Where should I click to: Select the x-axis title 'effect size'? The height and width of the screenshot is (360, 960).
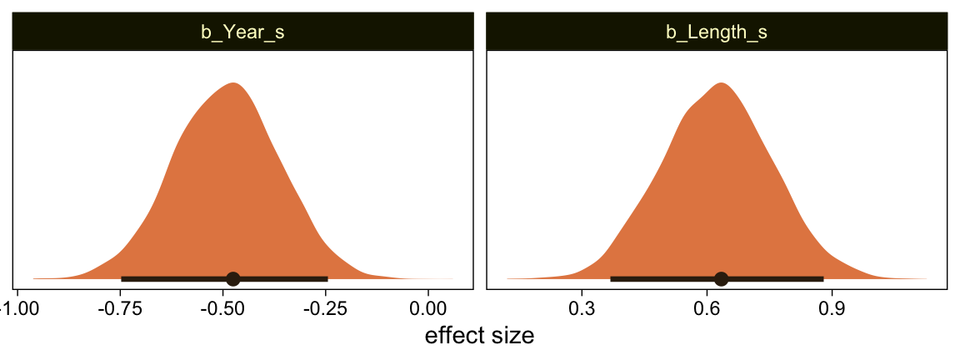coord(479,336)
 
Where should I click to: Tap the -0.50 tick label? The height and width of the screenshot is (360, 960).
coord(224,308)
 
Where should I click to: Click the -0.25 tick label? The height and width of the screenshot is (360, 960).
coord(326,308)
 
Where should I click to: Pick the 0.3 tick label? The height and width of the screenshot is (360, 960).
coord(582,308)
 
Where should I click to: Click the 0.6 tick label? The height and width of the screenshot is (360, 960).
coord(707,308)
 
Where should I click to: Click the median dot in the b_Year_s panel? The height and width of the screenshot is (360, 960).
coord(233,278)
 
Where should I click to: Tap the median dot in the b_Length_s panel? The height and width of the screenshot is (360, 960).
coord(722,278)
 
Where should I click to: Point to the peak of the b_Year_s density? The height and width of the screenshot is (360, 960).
coord(233,83)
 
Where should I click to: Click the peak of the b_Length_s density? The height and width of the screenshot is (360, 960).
coord(721,83)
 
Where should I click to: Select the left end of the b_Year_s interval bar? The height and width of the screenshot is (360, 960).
coord(122,278)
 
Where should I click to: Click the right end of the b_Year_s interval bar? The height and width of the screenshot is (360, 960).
coord(327,278)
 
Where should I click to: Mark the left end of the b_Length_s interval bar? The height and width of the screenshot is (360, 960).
coord(612,278)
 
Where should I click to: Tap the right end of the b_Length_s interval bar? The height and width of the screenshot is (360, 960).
coord(822,278)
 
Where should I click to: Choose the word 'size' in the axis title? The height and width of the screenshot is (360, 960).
coord(513,336)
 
